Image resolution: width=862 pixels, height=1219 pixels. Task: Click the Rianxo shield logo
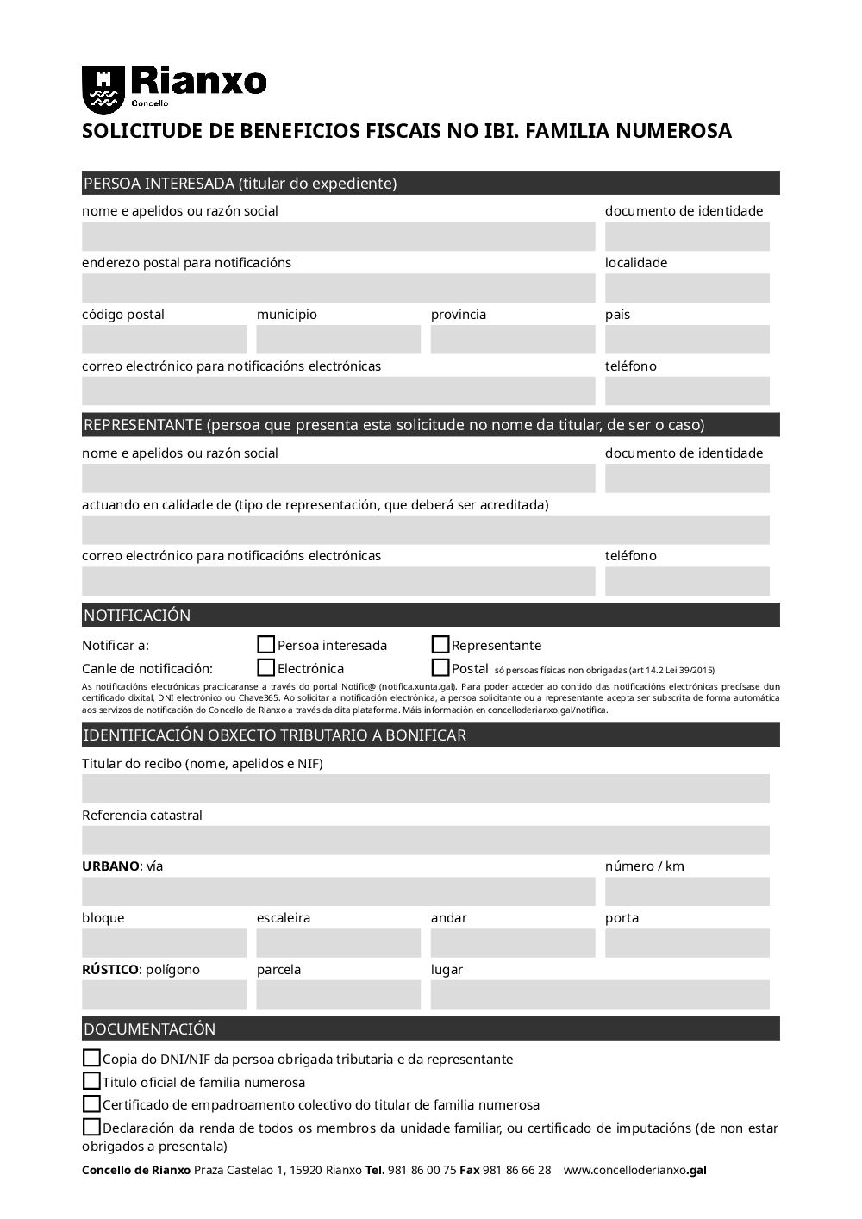point(103,88)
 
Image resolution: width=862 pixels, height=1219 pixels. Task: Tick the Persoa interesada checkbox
point(266,645)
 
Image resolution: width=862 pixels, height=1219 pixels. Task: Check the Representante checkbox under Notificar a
point(440,645)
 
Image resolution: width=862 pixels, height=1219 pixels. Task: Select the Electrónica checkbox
point(266,668)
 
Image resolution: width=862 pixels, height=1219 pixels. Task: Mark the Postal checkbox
point(440,668)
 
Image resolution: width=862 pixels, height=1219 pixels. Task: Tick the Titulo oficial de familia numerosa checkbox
point(91,1081)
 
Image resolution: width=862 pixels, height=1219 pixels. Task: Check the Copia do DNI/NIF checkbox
point(91,1058)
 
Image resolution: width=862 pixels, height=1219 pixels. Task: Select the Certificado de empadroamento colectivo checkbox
point(91,1104)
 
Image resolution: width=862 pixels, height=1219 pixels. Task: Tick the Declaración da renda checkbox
point(91,1127)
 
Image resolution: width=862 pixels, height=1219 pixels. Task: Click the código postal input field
point(164,340)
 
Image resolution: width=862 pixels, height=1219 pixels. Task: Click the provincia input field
point(513,340)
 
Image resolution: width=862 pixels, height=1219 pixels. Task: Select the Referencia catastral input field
point(426,841)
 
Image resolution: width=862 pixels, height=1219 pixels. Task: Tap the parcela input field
point(339,995)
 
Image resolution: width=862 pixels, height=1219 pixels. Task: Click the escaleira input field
point(339,943)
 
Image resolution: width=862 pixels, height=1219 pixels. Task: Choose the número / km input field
point(687,891)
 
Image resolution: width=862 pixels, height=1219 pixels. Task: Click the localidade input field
point(687,288)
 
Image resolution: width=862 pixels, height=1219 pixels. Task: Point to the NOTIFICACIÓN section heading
point(137,616)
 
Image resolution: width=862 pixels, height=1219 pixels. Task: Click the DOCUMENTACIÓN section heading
point(149,1029)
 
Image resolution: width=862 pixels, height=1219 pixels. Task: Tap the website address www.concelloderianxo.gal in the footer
point(634,1171)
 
